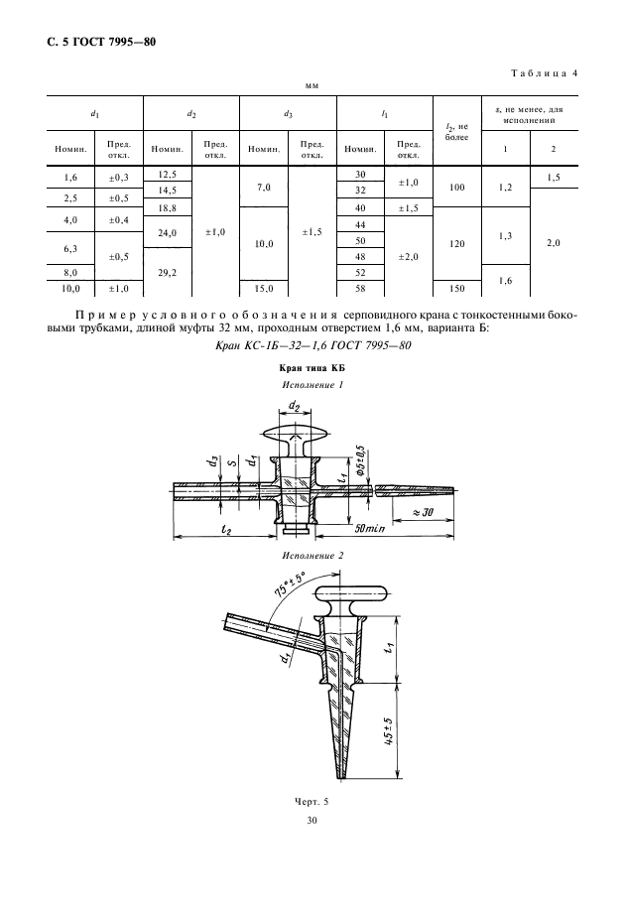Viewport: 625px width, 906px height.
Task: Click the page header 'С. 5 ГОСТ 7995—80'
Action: click(101, 43)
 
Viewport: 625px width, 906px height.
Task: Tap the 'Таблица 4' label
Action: click(544, 73)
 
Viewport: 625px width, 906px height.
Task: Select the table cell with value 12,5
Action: click(167, 175)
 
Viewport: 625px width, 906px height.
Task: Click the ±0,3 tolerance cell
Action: click(118, 178)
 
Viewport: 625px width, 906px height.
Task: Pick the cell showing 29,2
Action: click(167, 272)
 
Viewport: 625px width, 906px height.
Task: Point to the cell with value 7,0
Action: click(264, 188)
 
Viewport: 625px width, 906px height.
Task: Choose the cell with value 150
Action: click(456, 289)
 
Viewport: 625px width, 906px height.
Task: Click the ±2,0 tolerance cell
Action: click(408, 257)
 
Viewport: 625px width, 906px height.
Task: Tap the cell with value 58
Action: click(360, 289)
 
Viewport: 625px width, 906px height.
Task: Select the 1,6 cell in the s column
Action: click(505, 281)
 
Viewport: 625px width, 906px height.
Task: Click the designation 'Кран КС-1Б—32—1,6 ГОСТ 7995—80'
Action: click(312, 346)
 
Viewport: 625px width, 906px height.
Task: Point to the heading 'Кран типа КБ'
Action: click(312, 368)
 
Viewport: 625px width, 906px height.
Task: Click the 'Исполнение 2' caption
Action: click(312, 556)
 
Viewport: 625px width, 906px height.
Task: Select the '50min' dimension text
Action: click(370, 528)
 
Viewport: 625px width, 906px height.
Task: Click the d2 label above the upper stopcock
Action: click(294, 408)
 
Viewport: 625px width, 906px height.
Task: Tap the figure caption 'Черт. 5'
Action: click(312, 802)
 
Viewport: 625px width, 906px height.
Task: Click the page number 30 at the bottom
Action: click(312, 820)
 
